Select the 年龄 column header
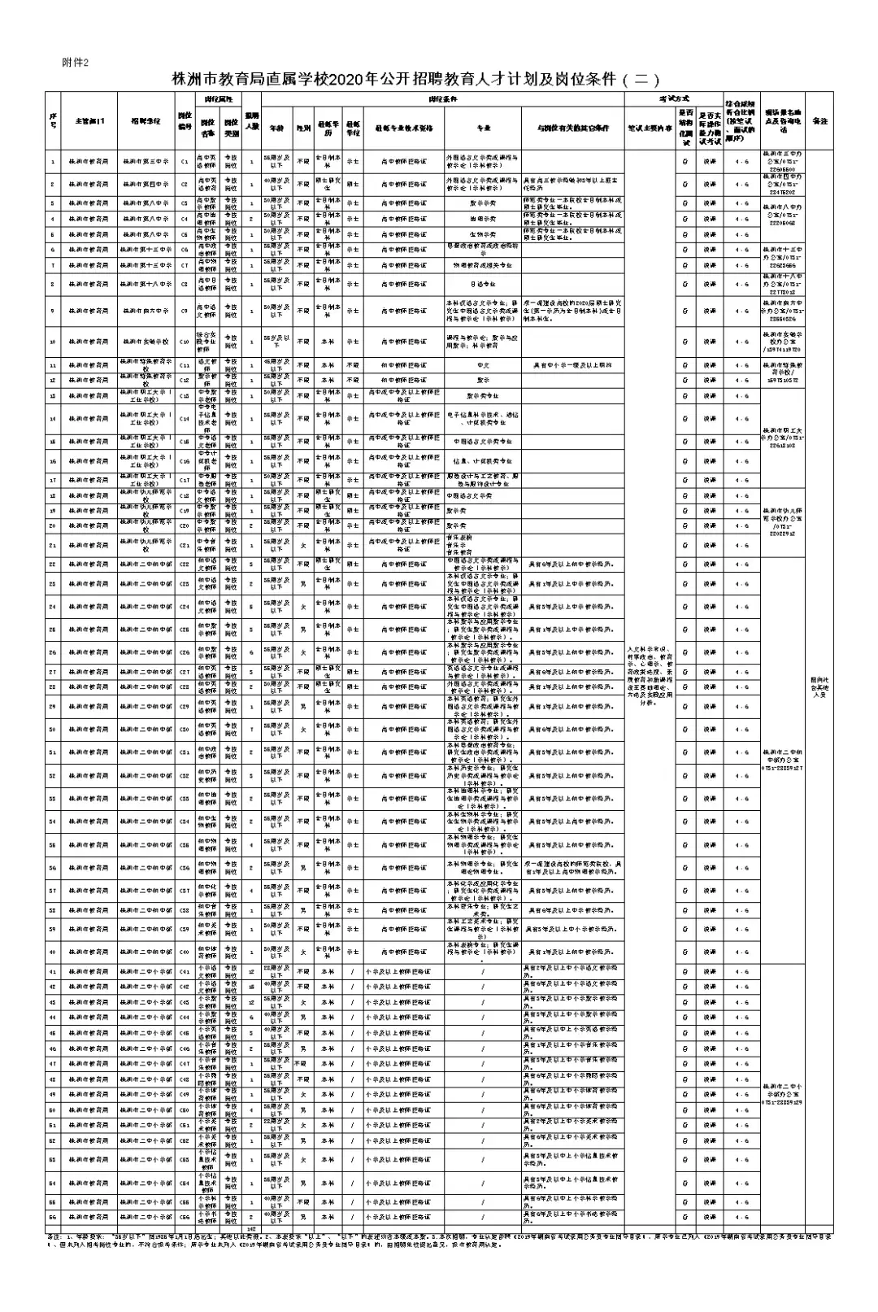[278, 129]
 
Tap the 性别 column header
[302, 129]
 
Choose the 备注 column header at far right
[819, 121]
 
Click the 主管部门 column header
[89, 121]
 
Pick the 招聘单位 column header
[146, 121]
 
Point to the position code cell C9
[185, 311]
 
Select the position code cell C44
[185, 1018]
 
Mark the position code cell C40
[185, 952]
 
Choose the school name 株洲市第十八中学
[146, 285]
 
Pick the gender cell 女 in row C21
[302, 545]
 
